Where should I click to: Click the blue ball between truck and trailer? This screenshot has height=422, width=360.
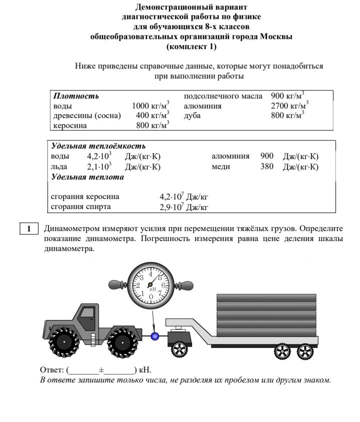pos(155,336)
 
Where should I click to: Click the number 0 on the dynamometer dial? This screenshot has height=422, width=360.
pos(151,296)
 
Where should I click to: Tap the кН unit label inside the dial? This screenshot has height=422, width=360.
pos(152,289)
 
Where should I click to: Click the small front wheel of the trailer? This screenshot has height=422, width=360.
pos(178,349)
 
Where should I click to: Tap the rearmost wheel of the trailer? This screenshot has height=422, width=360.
pos(304,352)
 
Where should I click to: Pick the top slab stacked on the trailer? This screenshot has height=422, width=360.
pos(266,298)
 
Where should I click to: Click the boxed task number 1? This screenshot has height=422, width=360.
pos(29,229)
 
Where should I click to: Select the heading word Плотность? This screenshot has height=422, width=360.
pos(76,95)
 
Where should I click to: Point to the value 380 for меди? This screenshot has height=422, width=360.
pos(266,166)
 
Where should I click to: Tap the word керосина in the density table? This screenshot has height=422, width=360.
pos(70,125)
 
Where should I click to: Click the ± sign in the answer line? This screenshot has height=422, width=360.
pos(101,370)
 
